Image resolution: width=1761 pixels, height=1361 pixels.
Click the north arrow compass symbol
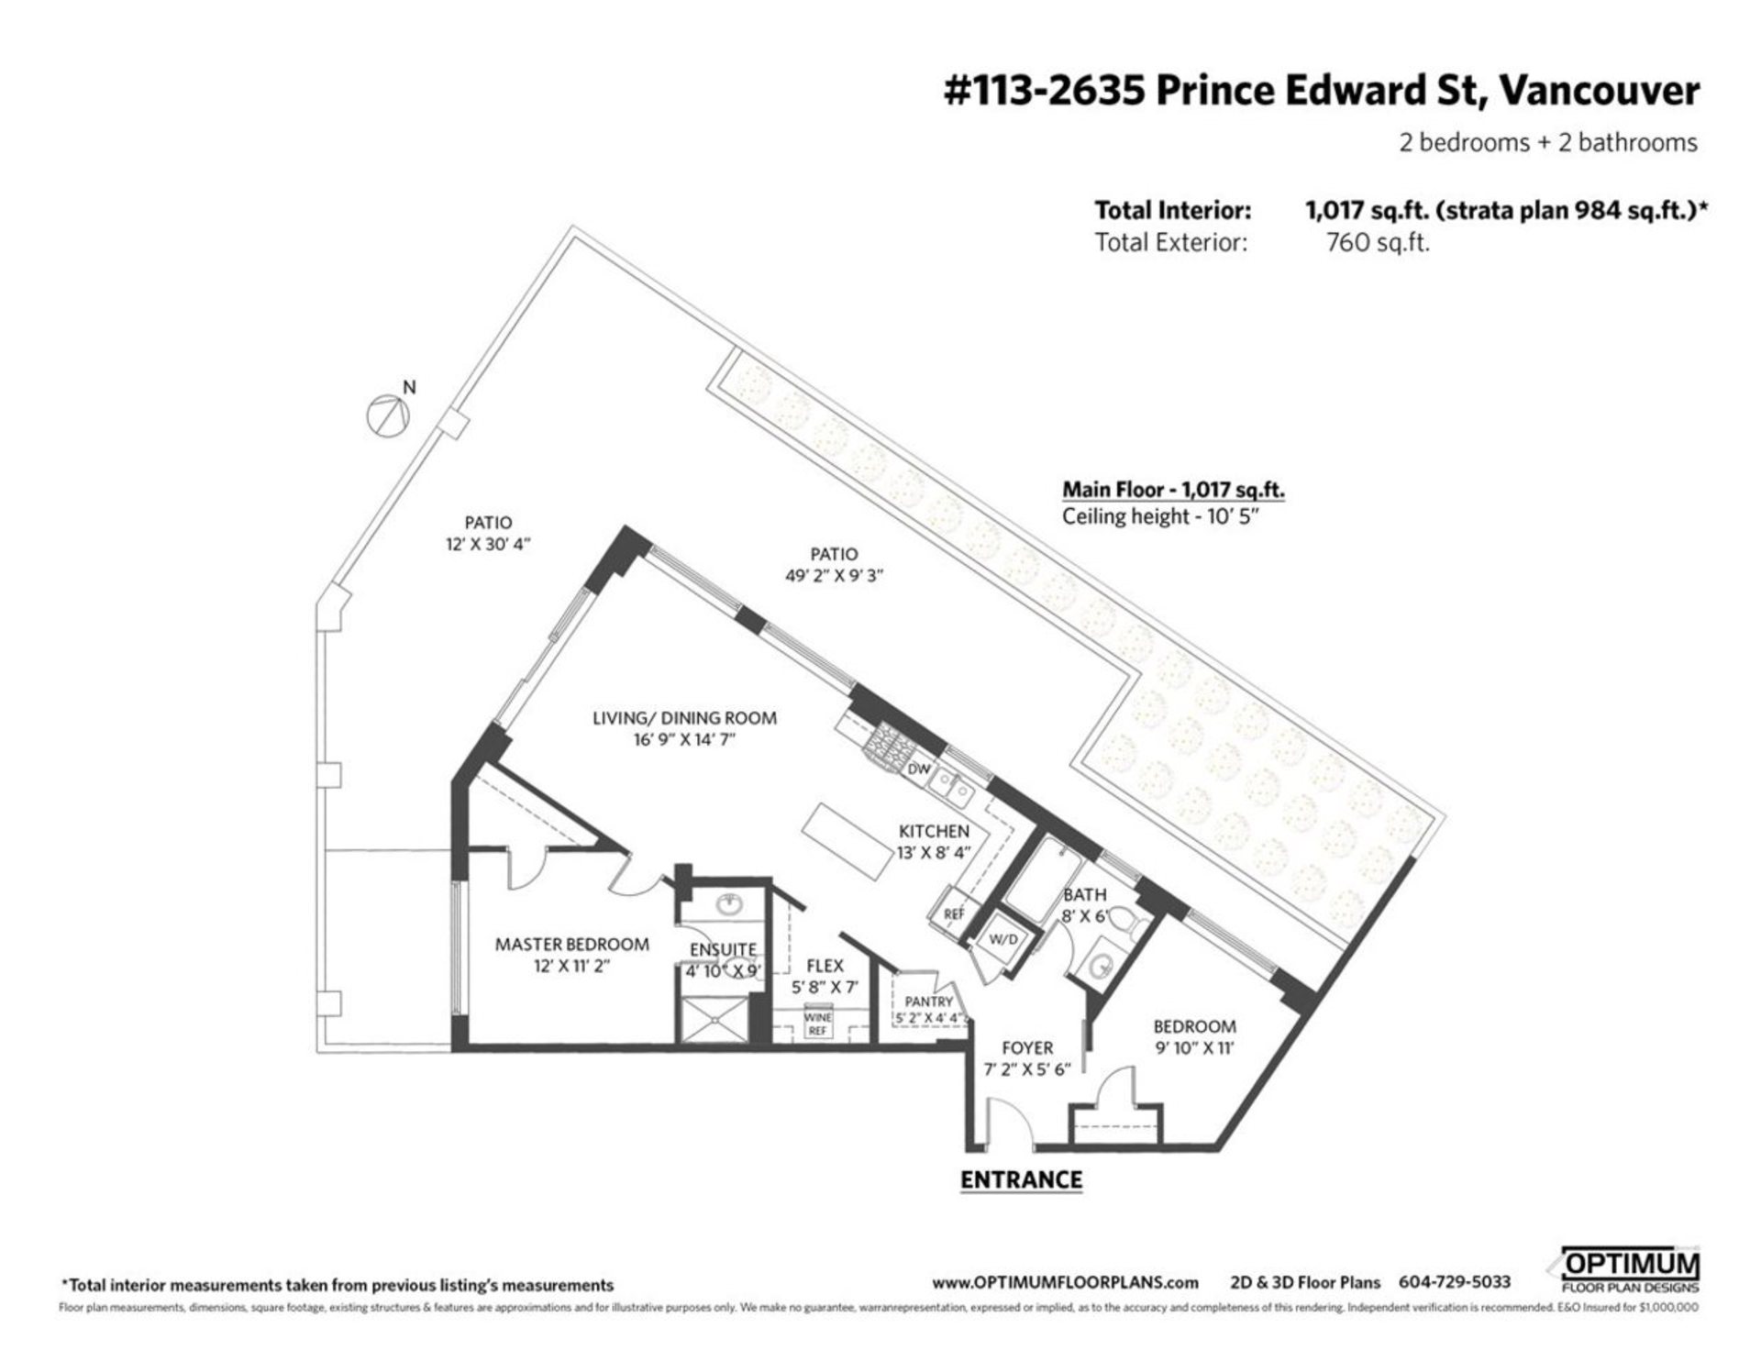coord(386,415)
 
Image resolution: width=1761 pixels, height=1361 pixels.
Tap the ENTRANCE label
coord(1021,1179)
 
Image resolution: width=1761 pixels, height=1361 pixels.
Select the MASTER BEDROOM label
coord(571,944)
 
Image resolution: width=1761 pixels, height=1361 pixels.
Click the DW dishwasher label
coord(918,770)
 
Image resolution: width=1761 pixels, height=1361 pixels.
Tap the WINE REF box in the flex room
coord(817,1024)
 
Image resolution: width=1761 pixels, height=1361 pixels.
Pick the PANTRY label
coord(928,1001)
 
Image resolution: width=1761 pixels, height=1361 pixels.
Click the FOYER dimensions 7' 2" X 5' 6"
coord(1026,1069)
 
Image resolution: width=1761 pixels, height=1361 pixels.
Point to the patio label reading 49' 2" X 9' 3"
coord(834,577)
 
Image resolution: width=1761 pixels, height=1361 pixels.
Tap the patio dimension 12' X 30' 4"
coord(487,544)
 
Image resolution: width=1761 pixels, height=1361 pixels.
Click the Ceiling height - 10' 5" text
coord(1158,516)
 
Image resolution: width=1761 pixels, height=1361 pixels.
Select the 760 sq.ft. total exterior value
coord(1378,243)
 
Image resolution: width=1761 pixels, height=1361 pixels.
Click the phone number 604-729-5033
coord(1454,1283)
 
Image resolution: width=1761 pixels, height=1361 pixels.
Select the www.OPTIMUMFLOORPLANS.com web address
coord(1065,1283)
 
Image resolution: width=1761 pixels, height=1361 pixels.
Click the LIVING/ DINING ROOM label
coord(684,718)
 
